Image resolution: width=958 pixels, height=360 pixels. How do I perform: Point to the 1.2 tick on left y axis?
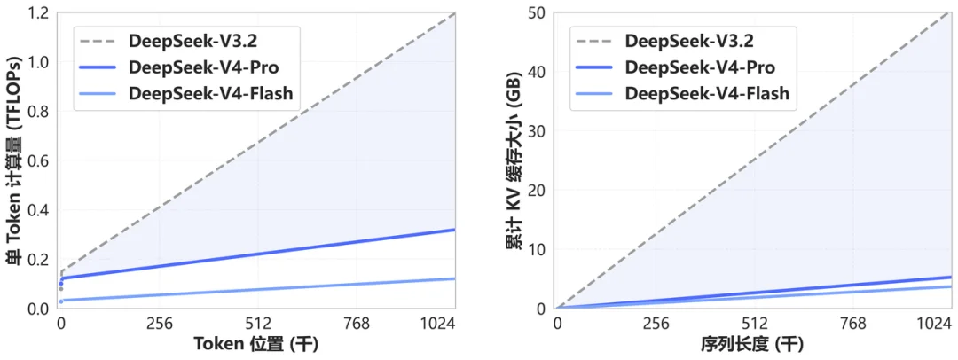[36, 13]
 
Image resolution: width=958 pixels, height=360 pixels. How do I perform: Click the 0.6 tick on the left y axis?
[36, 160]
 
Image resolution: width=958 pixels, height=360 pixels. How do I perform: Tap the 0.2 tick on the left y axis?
[36, 259]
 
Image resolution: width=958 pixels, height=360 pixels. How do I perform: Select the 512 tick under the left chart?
[257, 325]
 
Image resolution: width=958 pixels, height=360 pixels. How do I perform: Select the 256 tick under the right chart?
[656, 325]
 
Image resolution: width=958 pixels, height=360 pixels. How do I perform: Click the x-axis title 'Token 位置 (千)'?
[257, 344]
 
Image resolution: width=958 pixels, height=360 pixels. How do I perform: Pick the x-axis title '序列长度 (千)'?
[753, 344]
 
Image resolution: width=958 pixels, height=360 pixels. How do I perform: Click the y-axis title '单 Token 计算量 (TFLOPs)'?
[12, 160]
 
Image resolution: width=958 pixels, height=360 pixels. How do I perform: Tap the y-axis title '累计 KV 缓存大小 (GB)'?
[513, 160]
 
